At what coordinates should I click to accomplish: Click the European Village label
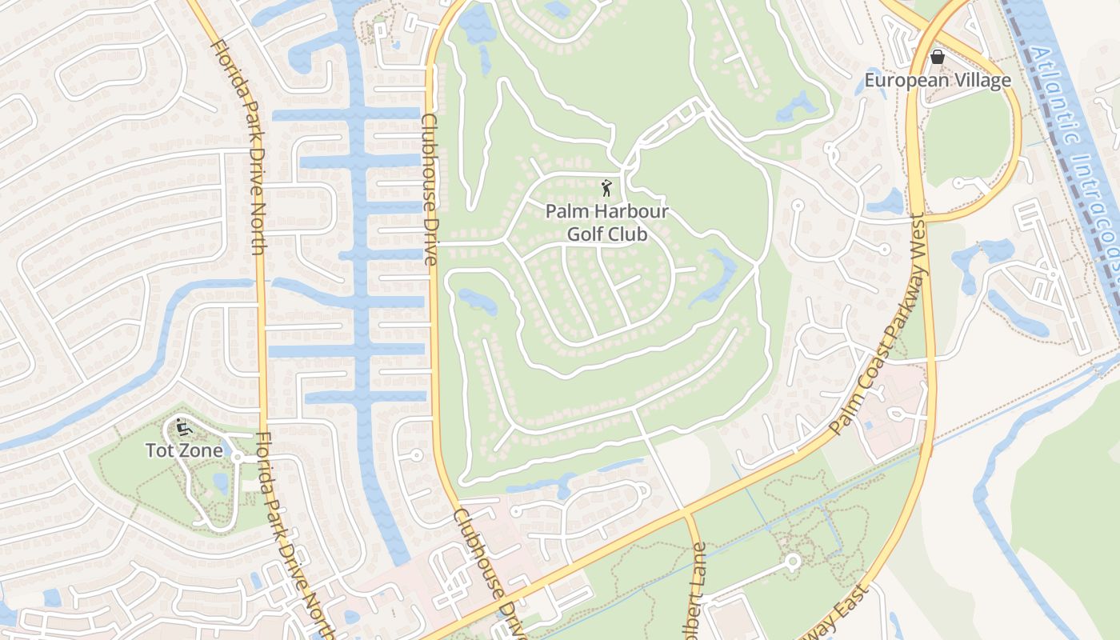point(938,81)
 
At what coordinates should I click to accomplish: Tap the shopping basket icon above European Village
point(938,57)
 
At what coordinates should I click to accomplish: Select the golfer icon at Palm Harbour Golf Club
point(606,189)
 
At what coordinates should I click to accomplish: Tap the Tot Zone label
point(184,450)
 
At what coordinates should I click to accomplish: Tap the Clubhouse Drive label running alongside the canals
point(429,190)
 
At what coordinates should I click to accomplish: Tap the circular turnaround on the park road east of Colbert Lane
point(792,562)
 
